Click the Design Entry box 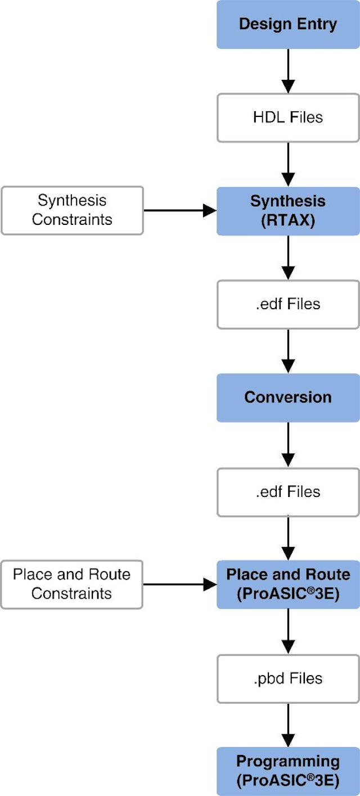pos(288,24)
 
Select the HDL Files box pos(288,117)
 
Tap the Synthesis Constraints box pos(72,210)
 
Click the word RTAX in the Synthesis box pos(288,220)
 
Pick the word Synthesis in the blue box pos(288,201)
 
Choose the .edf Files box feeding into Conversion pos(288,304)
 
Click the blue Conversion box pos(288,397)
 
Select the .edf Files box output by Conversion pos(288,491)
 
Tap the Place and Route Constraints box pos(71,584)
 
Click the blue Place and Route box pos(288,584)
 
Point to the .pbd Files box pos(288,679)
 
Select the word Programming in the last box pos(288,762)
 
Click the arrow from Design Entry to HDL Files pos(288,71)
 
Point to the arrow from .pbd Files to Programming pos(288,725)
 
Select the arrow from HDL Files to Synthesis pos(288,164)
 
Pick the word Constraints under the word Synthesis pos(72,219)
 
